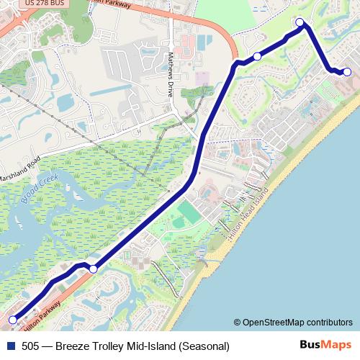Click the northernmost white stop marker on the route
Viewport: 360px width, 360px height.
(300, 22)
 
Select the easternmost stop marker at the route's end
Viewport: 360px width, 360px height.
(347, 71)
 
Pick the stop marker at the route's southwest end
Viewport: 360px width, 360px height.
(12, 319)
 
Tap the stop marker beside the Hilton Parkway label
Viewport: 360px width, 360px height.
(93, 269)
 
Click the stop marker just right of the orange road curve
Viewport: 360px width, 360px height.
(257, 56)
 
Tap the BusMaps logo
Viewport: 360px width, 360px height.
(325, 345)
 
